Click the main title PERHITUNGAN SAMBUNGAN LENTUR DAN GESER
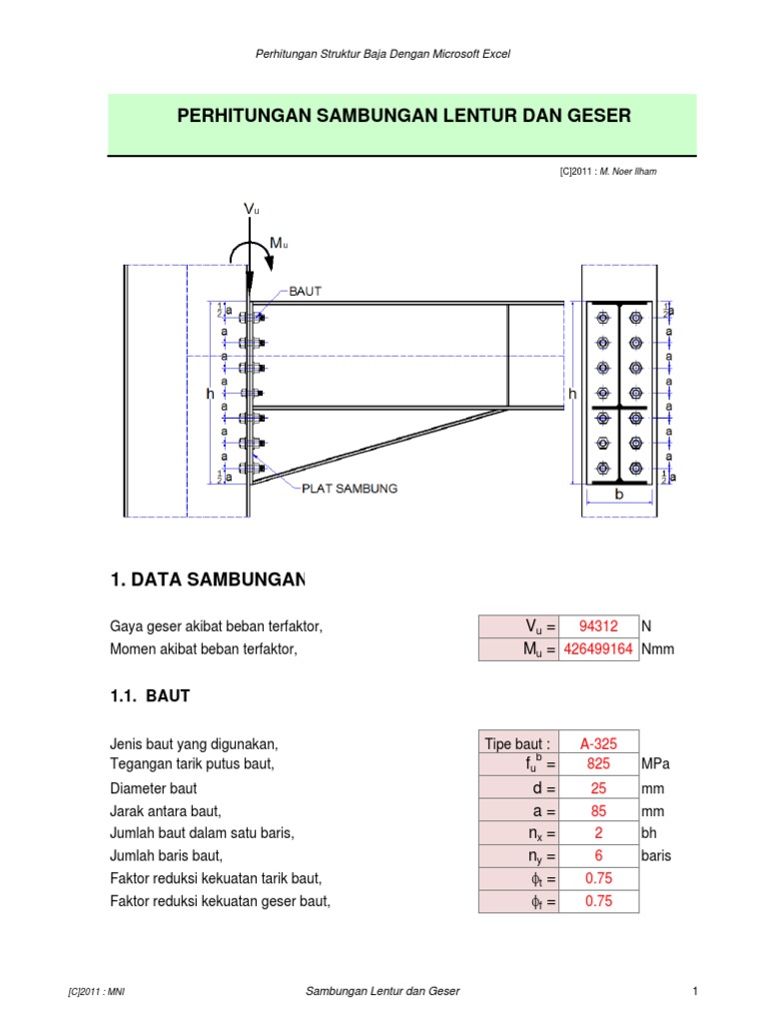click(403, 116)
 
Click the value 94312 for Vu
click(599, 626)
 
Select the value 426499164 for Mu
click(599, 649)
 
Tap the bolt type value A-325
click(599, 742)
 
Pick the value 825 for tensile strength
click(599, 764)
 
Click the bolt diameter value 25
click(599, 787)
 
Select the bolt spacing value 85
click(599, 810)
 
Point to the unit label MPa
click(655, 764)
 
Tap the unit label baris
click(656, 856)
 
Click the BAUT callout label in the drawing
click(306, 291)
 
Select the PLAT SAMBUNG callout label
click(351, 489)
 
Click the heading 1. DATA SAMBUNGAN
click(207, 579)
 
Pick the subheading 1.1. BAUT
click(149, 696)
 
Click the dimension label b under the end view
click(618, 495)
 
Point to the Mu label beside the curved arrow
click(278, 244)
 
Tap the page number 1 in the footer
click(693, 990)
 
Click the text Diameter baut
click(153, 787)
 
